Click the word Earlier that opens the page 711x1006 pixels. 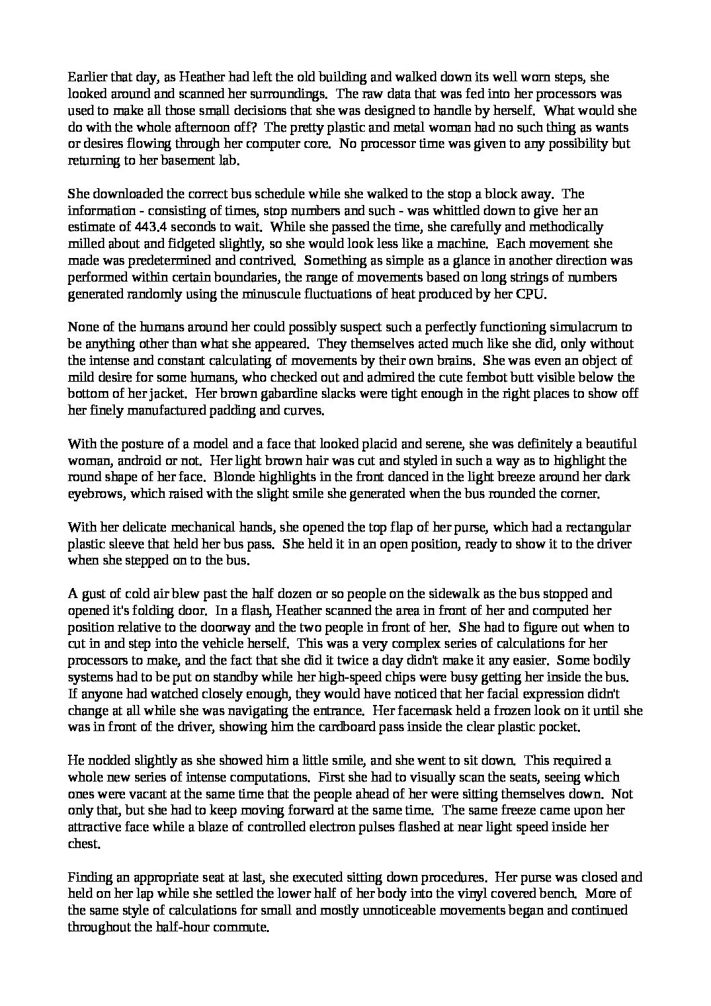click(x=86, y=77)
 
